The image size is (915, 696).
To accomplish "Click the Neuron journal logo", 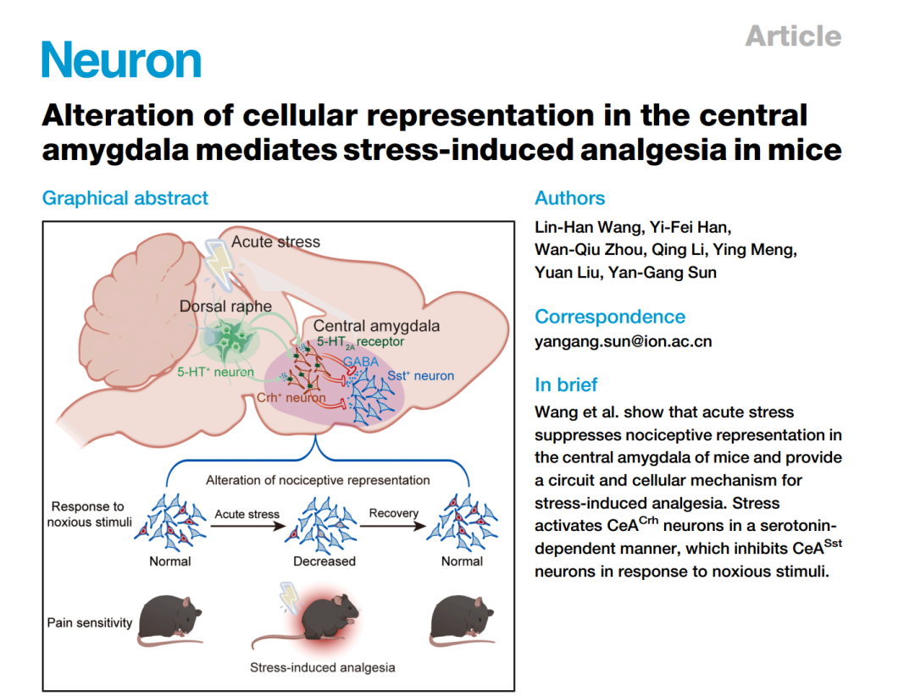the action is [121, 59].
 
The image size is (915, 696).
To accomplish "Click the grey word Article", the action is [793, 36].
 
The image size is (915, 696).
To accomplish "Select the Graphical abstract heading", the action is [125, 198].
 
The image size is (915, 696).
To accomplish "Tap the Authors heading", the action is [569, 198].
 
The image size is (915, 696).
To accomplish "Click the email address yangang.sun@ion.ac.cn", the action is [624, 342].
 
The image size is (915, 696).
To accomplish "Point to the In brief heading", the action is [566, 385].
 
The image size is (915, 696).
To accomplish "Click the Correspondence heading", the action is [610, 317].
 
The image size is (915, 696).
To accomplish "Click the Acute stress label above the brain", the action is [275, 241].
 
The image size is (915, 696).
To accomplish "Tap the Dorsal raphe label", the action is [225, 307].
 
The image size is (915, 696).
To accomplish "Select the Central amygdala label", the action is [376, 325].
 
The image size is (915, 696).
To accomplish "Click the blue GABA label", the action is [361, 362].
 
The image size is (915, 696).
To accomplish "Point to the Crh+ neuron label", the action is [291, 398].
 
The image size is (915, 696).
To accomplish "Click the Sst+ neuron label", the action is [421, 376].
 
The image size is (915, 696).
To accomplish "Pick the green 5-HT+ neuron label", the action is [215, 372].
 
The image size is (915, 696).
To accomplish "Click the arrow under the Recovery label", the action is [393, 526].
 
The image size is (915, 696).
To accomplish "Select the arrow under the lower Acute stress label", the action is [248, 526].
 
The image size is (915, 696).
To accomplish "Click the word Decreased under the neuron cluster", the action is [324, 561].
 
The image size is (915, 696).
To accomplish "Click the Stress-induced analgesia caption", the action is [322, 667].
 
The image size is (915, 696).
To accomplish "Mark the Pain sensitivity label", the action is [90, 623].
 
